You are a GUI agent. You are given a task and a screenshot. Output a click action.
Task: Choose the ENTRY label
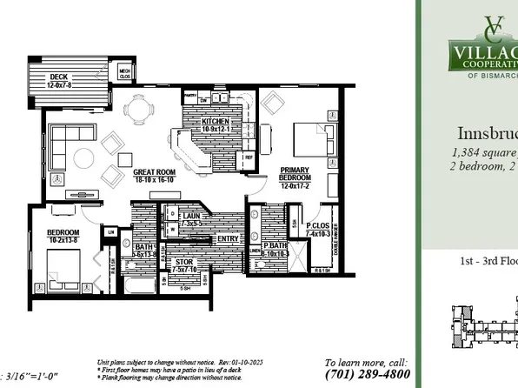[x=228, y=239]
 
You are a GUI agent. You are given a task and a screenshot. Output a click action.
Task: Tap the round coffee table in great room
[x=83, y=157]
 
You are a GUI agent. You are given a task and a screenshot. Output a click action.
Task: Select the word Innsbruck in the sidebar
[x=488, y=134]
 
